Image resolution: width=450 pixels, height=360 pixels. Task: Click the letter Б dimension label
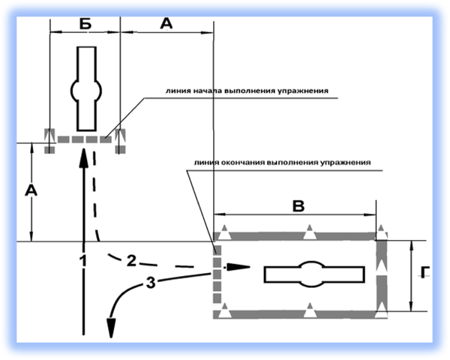pos(84,23)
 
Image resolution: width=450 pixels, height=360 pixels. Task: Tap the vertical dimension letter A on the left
pos(31,191)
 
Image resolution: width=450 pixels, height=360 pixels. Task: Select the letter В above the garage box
pos(298,206)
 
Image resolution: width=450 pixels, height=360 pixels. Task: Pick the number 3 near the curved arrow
pos(150,283)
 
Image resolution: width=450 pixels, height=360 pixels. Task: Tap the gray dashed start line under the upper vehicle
pos(84,139)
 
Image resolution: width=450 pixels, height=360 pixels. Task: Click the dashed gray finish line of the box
pos(218,274)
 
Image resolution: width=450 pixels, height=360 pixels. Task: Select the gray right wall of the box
pos(381,274)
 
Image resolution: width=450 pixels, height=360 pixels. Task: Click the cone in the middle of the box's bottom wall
pos(308,310)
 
